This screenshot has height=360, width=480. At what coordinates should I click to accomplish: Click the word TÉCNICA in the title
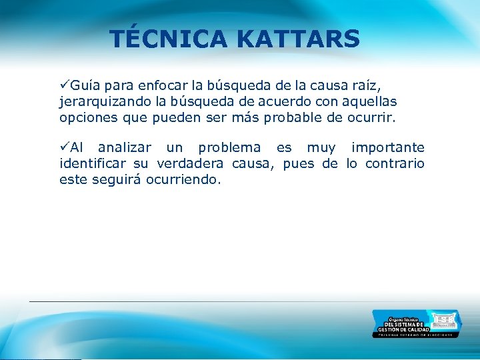point(169,39)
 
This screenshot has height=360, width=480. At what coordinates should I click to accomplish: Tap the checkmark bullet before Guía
point(64,86)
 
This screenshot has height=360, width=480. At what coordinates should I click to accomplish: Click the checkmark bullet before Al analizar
point(64,147)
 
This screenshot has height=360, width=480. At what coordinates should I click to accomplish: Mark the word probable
point(294,119)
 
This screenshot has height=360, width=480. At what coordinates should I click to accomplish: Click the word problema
point(229,147)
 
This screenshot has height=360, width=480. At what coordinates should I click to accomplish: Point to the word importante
point(387,147)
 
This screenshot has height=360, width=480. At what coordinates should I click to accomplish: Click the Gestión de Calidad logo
point(416,324)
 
